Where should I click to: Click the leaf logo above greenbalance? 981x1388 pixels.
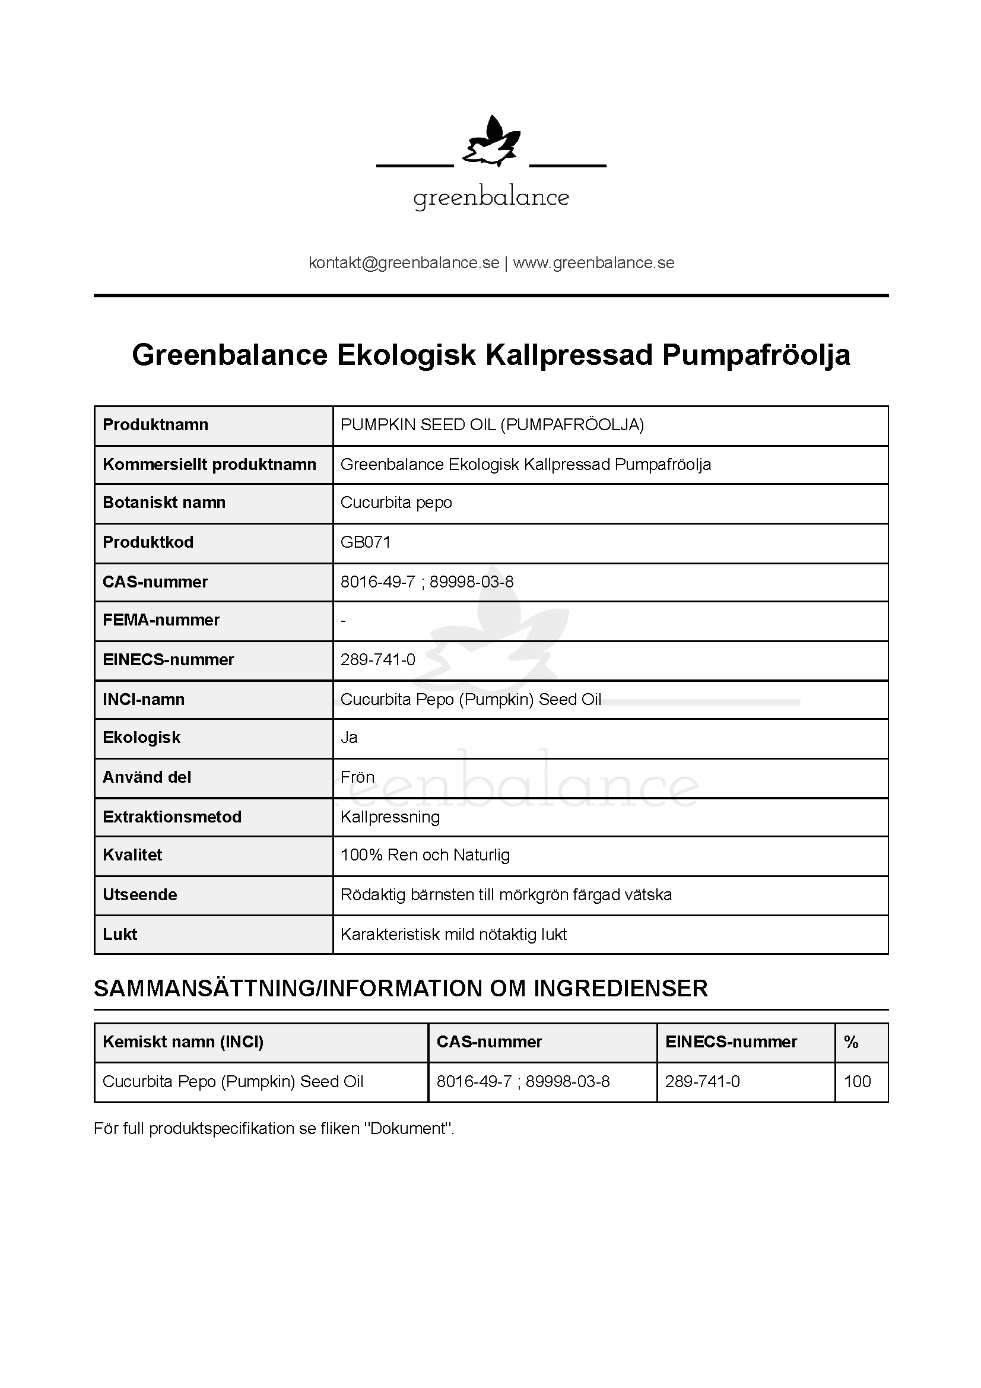491,142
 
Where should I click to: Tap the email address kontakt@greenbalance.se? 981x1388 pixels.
404,263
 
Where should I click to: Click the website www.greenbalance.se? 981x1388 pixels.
593,263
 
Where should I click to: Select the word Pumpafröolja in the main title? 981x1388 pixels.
756,355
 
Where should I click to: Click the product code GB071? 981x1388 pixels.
366,542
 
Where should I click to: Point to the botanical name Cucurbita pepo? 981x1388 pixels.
396,503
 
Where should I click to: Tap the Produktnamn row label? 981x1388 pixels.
155,425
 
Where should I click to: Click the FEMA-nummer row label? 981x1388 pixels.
161,620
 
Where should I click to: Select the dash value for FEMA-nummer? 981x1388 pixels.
343,621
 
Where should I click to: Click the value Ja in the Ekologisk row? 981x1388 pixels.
349,738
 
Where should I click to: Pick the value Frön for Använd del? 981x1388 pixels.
357,777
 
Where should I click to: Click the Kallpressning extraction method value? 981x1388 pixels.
390,817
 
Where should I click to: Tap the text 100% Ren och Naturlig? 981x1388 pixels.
425,856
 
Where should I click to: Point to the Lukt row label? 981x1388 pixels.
120,935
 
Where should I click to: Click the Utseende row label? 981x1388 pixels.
139,895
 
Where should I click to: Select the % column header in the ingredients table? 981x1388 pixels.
851,1042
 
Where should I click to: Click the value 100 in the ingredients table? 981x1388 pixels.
857,1082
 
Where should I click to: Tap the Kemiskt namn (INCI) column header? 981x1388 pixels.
183,1042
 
